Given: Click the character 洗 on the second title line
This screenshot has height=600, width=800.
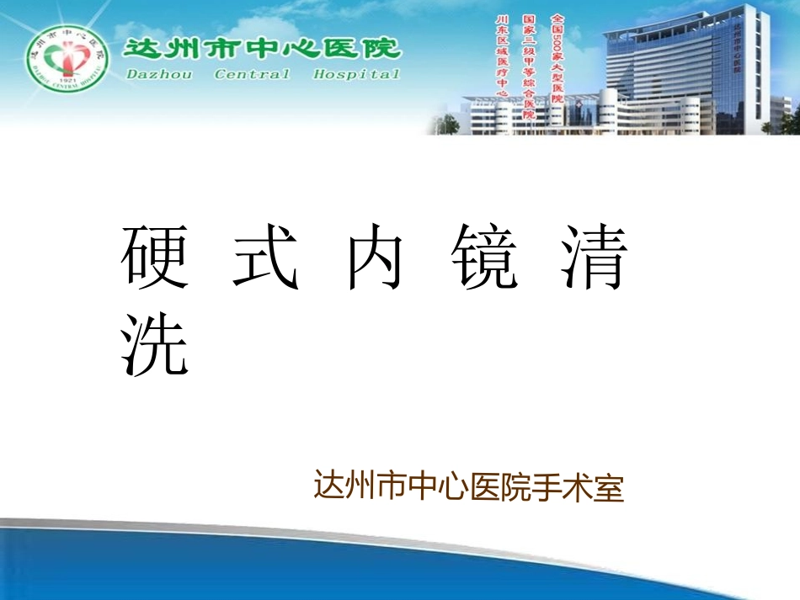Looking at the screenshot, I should (154, 344).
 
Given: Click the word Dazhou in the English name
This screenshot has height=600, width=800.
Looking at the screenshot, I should (160, 75).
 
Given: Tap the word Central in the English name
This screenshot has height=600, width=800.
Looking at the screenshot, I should (253, 75).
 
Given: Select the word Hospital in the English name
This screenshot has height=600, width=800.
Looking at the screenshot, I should (357, 75).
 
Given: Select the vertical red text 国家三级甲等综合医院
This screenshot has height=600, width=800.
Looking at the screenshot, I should (529, 65).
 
